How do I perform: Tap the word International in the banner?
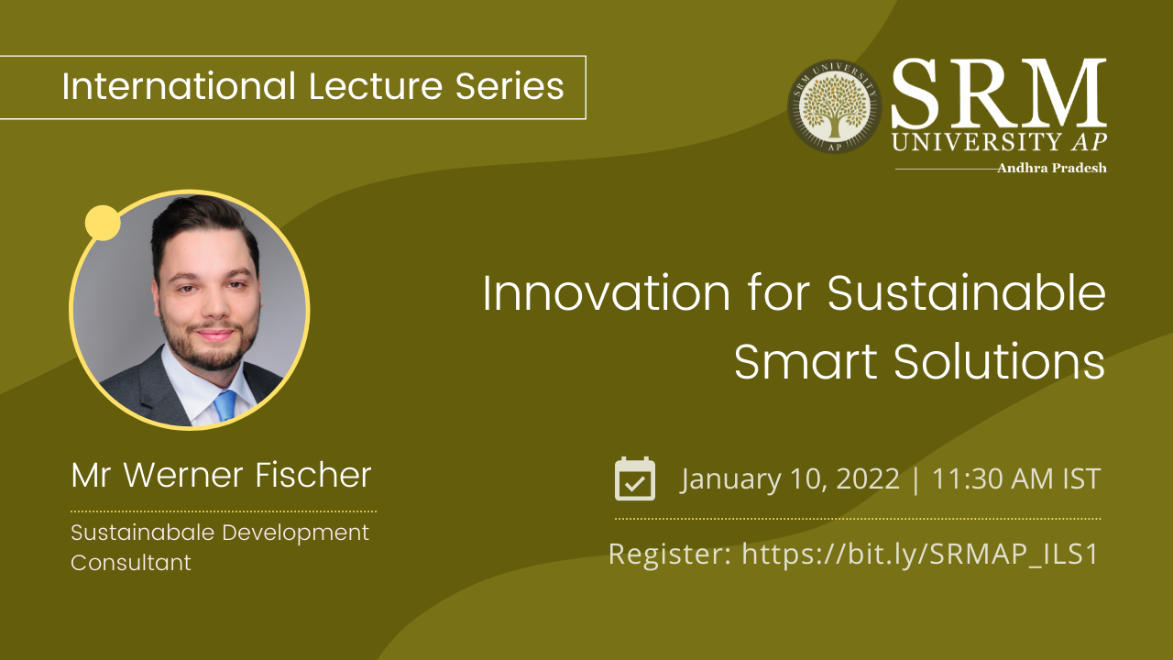tap(179, 86)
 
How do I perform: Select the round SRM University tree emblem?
tap(835, 107)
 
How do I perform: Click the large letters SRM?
tap(999, 93)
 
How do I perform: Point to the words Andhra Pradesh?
tap(1052, 168)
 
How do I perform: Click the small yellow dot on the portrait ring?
tap(103, 223)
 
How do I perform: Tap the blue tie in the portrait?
tap(225, 405)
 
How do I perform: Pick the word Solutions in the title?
tap(1000, 361)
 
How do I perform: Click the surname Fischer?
tap(313, 475)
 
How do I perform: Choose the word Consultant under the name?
tap(131, 563)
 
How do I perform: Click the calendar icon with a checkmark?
tap(635, 478)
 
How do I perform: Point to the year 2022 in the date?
tap(868, 478)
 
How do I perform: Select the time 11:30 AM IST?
tap(1016, 478)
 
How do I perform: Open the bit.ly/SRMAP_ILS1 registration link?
tap(919, 554)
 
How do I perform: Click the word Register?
tap(670, 555)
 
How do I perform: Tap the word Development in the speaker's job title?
tap(296, 533)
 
